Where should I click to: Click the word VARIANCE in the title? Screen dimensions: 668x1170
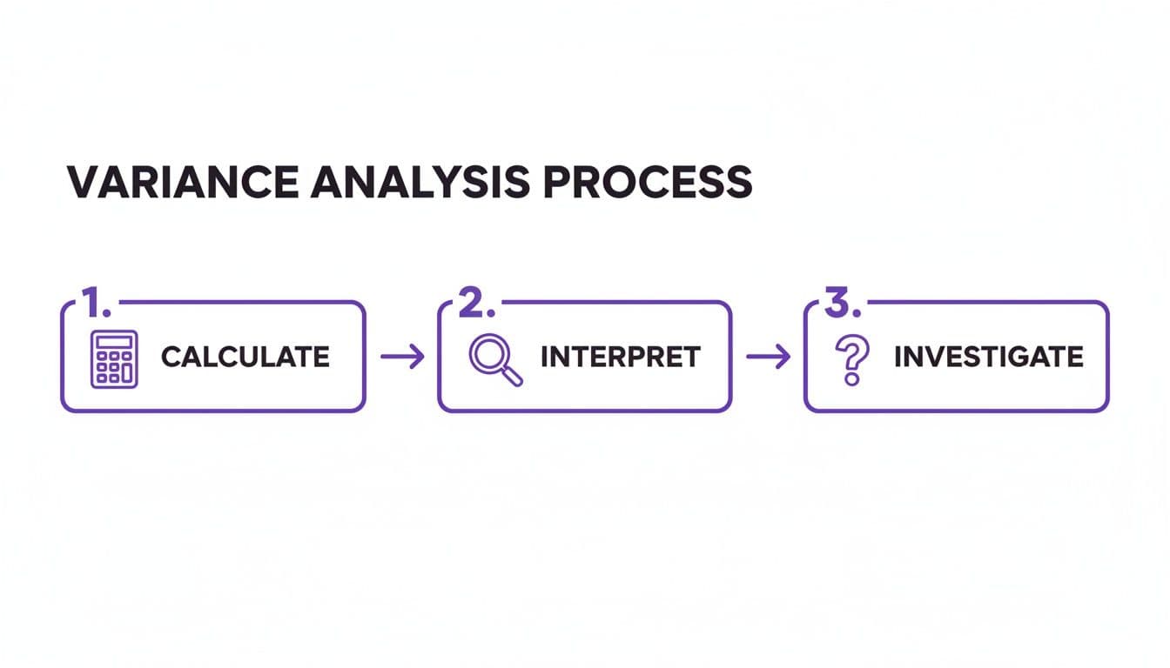point(178,182)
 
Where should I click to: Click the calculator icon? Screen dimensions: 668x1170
point(114,358)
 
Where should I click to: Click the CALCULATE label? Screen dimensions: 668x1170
point(245,357)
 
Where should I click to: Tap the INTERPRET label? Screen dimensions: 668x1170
point(620,357)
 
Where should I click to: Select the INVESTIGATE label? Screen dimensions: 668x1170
point(989,357)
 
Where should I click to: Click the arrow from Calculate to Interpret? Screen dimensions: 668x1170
point(402,357)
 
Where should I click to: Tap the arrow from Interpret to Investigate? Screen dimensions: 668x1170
point(768,357)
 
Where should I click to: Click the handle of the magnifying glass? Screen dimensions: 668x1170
point(513,375)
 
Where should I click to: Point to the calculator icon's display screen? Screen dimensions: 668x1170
point(114,342)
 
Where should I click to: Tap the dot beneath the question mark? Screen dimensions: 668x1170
point(851,381)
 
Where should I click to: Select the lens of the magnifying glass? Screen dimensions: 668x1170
point(486,351)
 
